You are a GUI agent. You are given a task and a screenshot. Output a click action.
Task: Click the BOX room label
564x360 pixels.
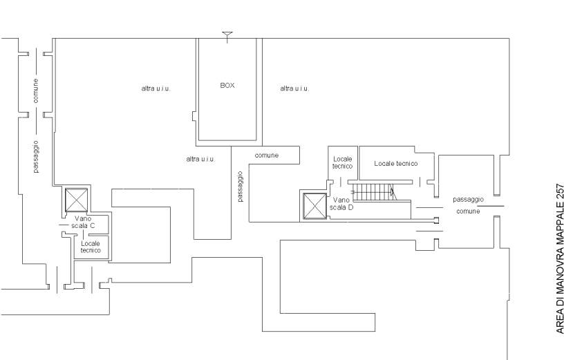coord(227,86)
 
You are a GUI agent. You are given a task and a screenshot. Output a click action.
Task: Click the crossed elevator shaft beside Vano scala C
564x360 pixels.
coord(76,200)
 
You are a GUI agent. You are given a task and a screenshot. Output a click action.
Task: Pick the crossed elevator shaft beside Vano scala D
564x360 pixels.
coord(315,206)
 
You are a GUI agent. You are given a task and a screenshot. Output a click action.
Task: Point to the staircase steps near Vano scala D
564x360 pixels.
coord(373,191)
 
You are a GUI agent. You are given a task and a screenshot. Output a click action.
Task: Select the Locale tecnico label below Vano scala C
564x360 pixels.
coord(91,247)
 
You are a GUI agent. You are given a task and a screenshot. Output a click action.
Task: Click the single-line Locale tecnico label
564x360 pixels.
coord(396,164)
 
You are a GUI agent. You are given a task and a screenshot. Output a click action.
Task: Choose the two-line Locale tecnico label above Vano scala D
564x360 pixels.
coord(343,162)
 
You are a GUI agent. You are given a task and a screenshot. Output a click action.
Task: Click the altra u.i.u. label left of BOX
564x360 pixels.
coord(156,88)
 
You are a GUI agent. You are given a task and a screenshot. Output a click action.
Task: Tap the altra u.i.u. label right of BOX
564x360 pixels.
coord(294,88)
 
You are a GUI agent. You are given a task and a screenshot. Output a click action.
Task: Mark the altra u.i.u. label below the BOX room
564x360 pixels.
coord(200,159)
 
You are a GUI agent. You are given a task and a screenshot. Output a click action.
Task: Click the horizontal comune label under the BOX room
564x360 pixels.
coord(267,155)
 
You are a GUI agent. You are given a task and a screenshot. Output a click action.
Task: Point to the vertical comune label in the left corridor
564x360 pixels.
coord(36,91)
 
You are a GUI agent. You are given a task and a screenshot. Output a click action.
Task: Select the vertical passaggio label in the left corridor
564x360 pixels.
coord(36,157)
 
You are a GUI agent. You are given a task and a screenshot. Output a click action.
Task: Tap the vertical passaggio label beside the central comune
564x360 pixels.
coord(241,187)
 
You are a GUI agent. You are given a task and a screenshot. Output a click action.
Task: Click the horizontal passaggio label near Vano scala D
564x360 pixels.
coord(469,199)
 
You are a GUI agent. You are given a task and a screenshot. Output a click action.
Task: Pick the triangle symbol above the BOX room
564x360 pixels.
coord(227,34)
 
